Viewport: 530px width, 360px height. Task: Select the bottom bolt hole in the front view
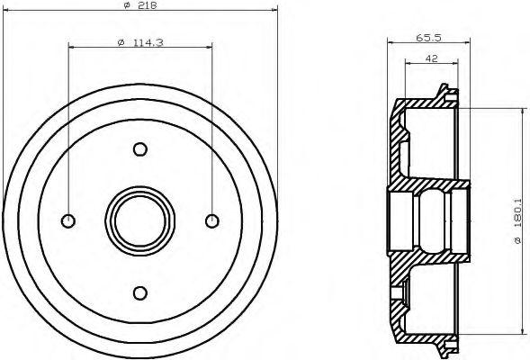pyautogui.click(x=139, y=291)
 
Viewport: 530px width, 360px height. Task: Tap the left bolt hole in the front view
pyautogui.click(x=68, y=220)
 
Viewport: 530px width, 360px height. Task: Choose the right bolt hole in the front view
pyautogui.click(x=211, y=220)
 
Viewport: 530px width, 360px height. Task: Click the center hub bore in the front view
pyautogui.click(x=139, y=220)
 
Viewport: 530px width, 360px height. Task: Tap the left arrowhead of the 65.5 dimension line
pyautogui.click(x=391, y=44)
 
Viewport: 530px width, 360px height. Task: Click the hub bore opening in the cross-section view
pyautogui.click(x=428, y=220)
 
